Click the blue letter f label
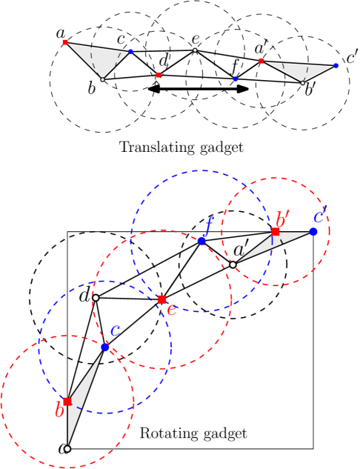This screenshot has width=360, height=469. [209, 224]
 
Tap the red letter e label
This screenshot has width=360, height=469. [171, 310]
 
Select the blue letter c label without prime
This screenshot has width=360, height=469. [115, 331]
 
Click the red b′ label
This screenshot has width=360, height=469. [281, 219]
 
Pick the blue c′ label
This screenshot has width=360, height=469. [319, 217]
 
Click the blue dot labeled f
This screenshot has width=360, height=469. [201, 241]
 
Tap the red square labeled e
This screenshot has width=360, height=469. [161, 299]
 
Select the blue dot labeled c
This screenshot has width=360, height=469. [105, 347]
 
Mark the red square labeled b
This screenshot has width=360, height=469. [67, 402]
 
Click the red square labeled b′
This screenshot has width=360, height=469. [276, 232]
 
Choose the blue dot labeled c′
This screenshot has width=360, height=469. [313, 232]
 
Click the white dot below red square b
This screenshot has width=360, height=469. [67, 448]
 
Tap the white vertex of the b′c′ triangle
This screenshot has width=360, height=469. [233, 265]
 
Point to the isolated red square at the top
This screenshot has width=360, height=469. [159, 75]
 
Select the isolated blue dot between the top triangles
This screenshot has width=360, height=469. [236, 79]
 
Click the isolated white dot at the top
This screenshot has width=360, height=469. [195, 50]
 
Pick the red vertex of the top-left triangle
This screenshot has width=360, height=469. [65, 42]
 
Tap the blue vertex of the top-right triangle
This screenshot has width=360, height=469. [336, 66]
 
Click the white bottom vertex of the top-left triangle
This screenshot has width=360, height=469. [102, 79]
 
